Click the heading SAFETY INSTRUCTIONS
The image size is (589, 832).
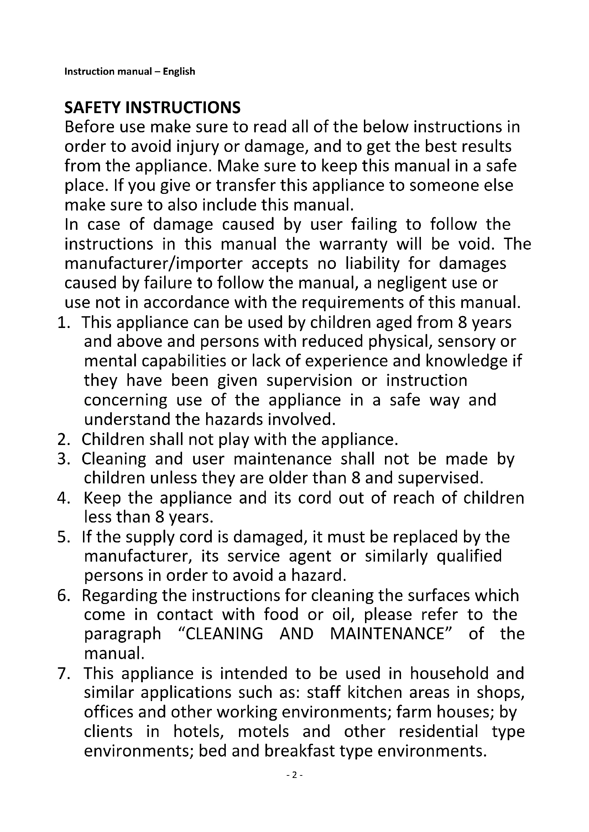152,108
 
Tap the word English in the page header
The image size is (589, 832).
179,71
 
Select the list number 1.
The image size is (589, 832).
63,323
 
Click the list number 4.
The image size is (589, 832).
63,498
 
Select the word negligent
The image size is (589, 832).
412,283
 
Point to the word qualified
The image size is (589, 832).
469,556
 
